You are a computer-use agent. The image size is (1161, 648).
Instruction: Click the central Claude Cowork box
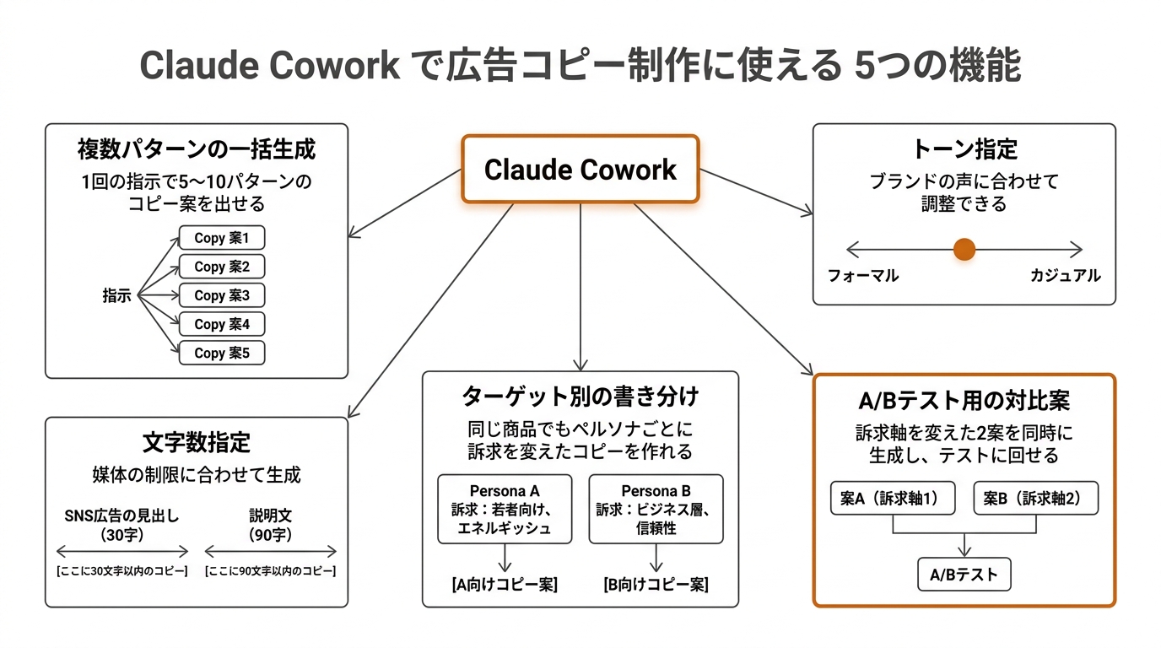point(580,170)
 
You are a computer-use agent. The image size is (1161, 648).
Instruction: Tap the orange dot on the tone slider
point(964,249)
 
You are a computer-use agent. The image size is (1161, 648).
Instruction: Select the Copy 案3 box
point(222,295)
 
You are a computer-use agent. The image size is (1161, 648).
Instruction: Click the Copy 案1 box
point(222,238)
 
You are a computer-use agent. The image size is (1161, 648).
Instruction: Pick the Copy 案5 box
point(222,353)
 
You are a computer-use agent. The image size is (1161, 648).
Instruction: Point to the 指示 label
point(116,295)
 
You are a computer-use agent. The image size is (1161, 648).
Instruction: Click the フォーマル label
point(863,276)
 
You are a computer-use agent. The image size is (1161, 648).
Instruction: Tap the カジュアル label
point(1065,276)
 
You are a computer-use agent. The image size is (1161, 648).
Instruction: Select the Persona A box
point(505,509)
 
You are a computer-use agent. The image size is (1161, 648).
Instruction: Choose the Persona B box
point(656,509)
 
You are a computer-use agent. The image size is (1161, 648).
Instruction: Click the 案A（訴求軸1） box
point(893,499)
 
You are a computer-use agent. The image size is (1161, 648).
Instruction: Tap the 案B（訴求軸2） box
point(1037,499)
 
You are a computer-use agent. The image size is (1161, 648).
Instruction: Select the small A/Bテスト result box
point(964,575)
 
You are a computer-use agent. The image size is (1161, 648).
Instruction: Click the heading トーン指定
point(964,149)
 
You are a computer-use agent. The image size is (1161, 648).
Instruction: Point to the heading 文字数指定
point(196,442)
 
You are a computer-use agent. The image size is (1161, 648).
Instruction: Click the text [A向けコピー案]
point(505,585)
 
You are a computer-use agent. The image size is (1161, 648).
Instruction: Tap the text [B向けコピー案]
point(656,585)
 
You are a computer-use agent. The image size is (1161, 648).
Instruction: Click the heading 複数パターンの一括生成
point(196,150)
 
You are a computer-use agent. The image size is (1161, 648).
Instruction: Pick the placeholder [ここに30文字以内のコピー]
point(122,571)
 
